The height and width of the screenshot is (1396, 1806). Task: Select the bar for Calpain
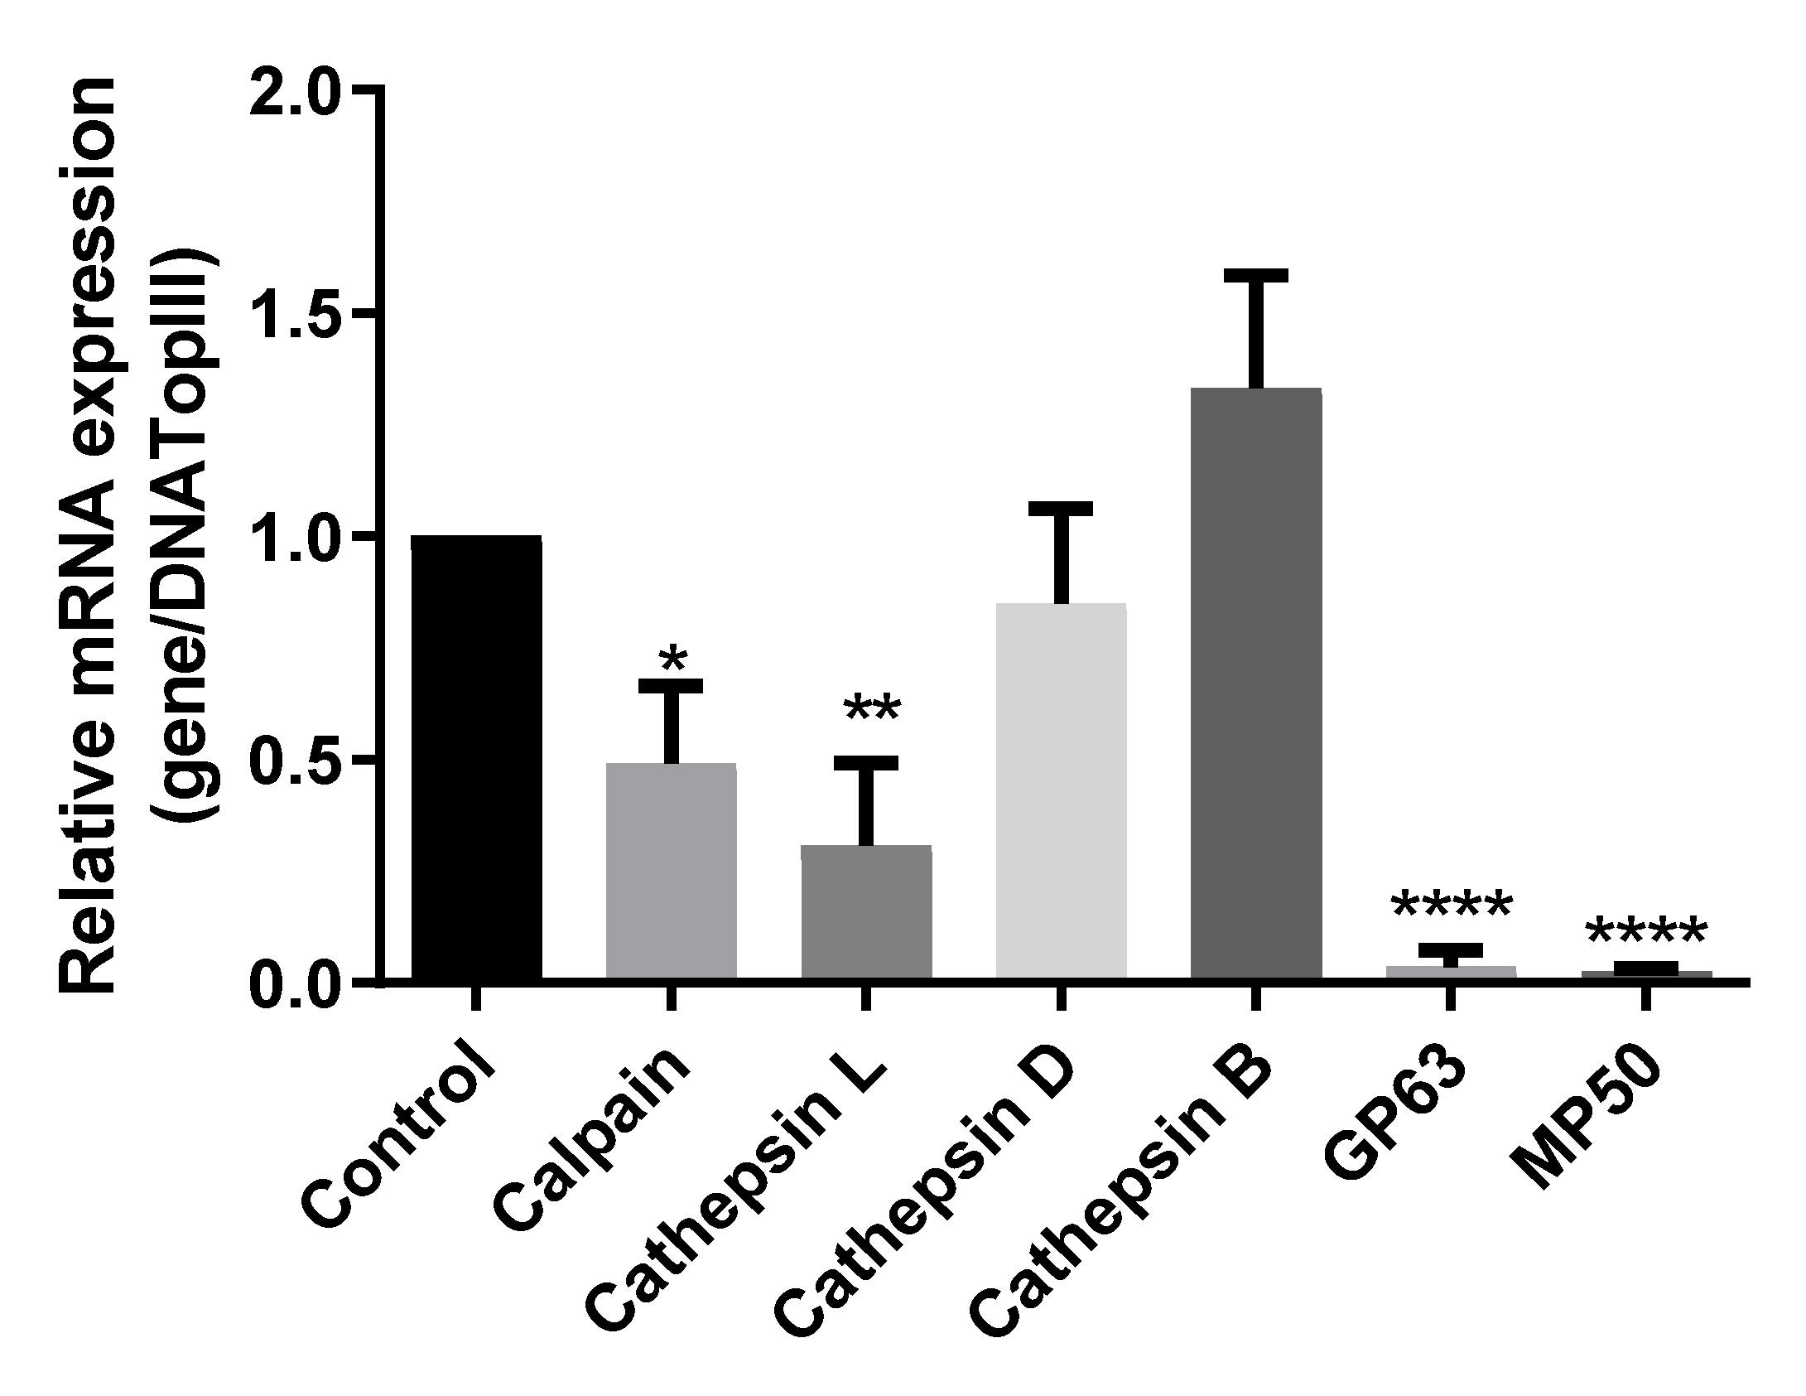tap(671, 870)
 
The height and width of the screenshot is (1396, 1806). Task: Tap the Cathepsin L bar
tap(866, 911)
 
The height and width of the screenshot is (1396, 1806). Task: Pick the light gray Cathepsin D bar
tap(1061, 791)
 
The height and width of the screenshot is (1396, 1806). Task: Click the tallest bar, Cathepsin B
tap(1256, 684)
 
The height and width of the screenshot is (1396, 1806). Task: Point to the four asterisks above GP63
tap(1452, 906)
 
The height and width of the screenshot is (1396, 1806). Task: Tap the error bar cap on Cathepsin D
tap(1061, 509)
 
